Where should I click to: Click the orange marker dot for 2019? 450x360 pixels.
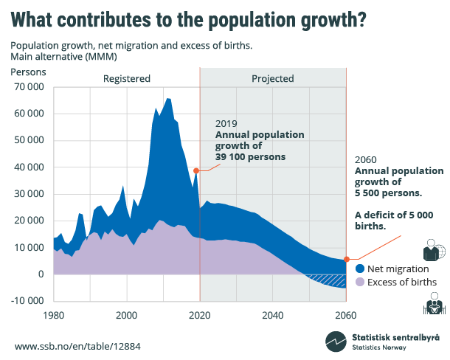196,170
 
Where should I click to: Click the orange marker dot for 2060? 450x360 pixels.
346,260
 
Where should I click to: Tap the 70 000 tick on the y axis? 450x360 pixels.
29,87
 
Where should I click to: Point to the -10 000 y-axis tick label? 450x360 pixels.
28,301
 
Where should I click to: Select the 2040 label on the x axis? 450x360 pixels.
272,314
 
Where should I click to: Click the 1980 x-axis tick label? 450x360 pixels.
54,314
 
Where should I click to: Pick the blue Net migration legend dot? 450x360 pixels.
360,269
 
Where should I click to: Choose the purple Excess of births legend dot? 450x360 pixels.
360,282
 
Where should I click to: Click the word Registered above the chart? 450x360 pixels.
126,78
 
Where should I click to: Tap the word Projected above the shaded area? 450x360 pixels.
272,78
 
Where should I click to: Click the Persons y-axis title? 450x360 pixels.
28,72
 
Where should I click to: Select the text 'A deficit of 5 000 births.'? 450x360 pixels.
387,221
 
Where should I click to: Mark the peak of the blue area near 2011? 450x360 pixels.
168,98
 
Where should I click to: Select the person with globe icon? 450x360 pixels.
432,249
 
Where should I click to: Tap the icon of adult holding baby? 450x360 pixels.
432,303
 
